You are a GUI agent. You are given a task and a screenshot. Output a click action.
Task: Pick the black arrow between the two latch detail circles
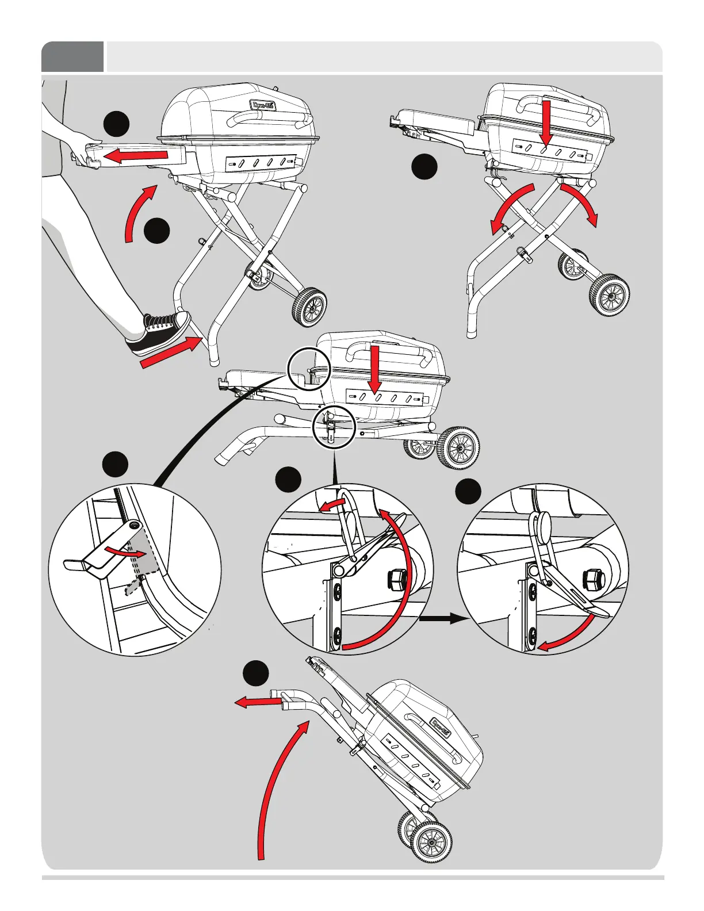coord(442,619)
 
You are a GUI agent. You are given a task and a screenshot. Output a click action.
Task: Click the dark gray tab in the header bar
coord(72,57)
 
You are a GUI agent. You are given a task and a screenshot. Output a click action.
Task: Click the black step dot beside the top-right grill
coord(424,167)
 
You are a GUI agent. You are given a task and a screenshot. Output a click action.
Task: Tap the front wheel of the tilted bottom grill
coord(431,843)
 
